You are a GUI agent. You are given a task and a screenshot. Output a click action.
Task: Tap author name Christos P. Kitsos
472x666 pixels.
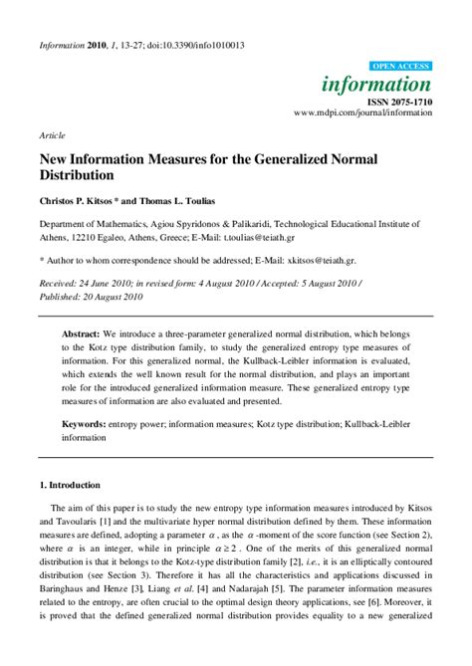tap(83, 201)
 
